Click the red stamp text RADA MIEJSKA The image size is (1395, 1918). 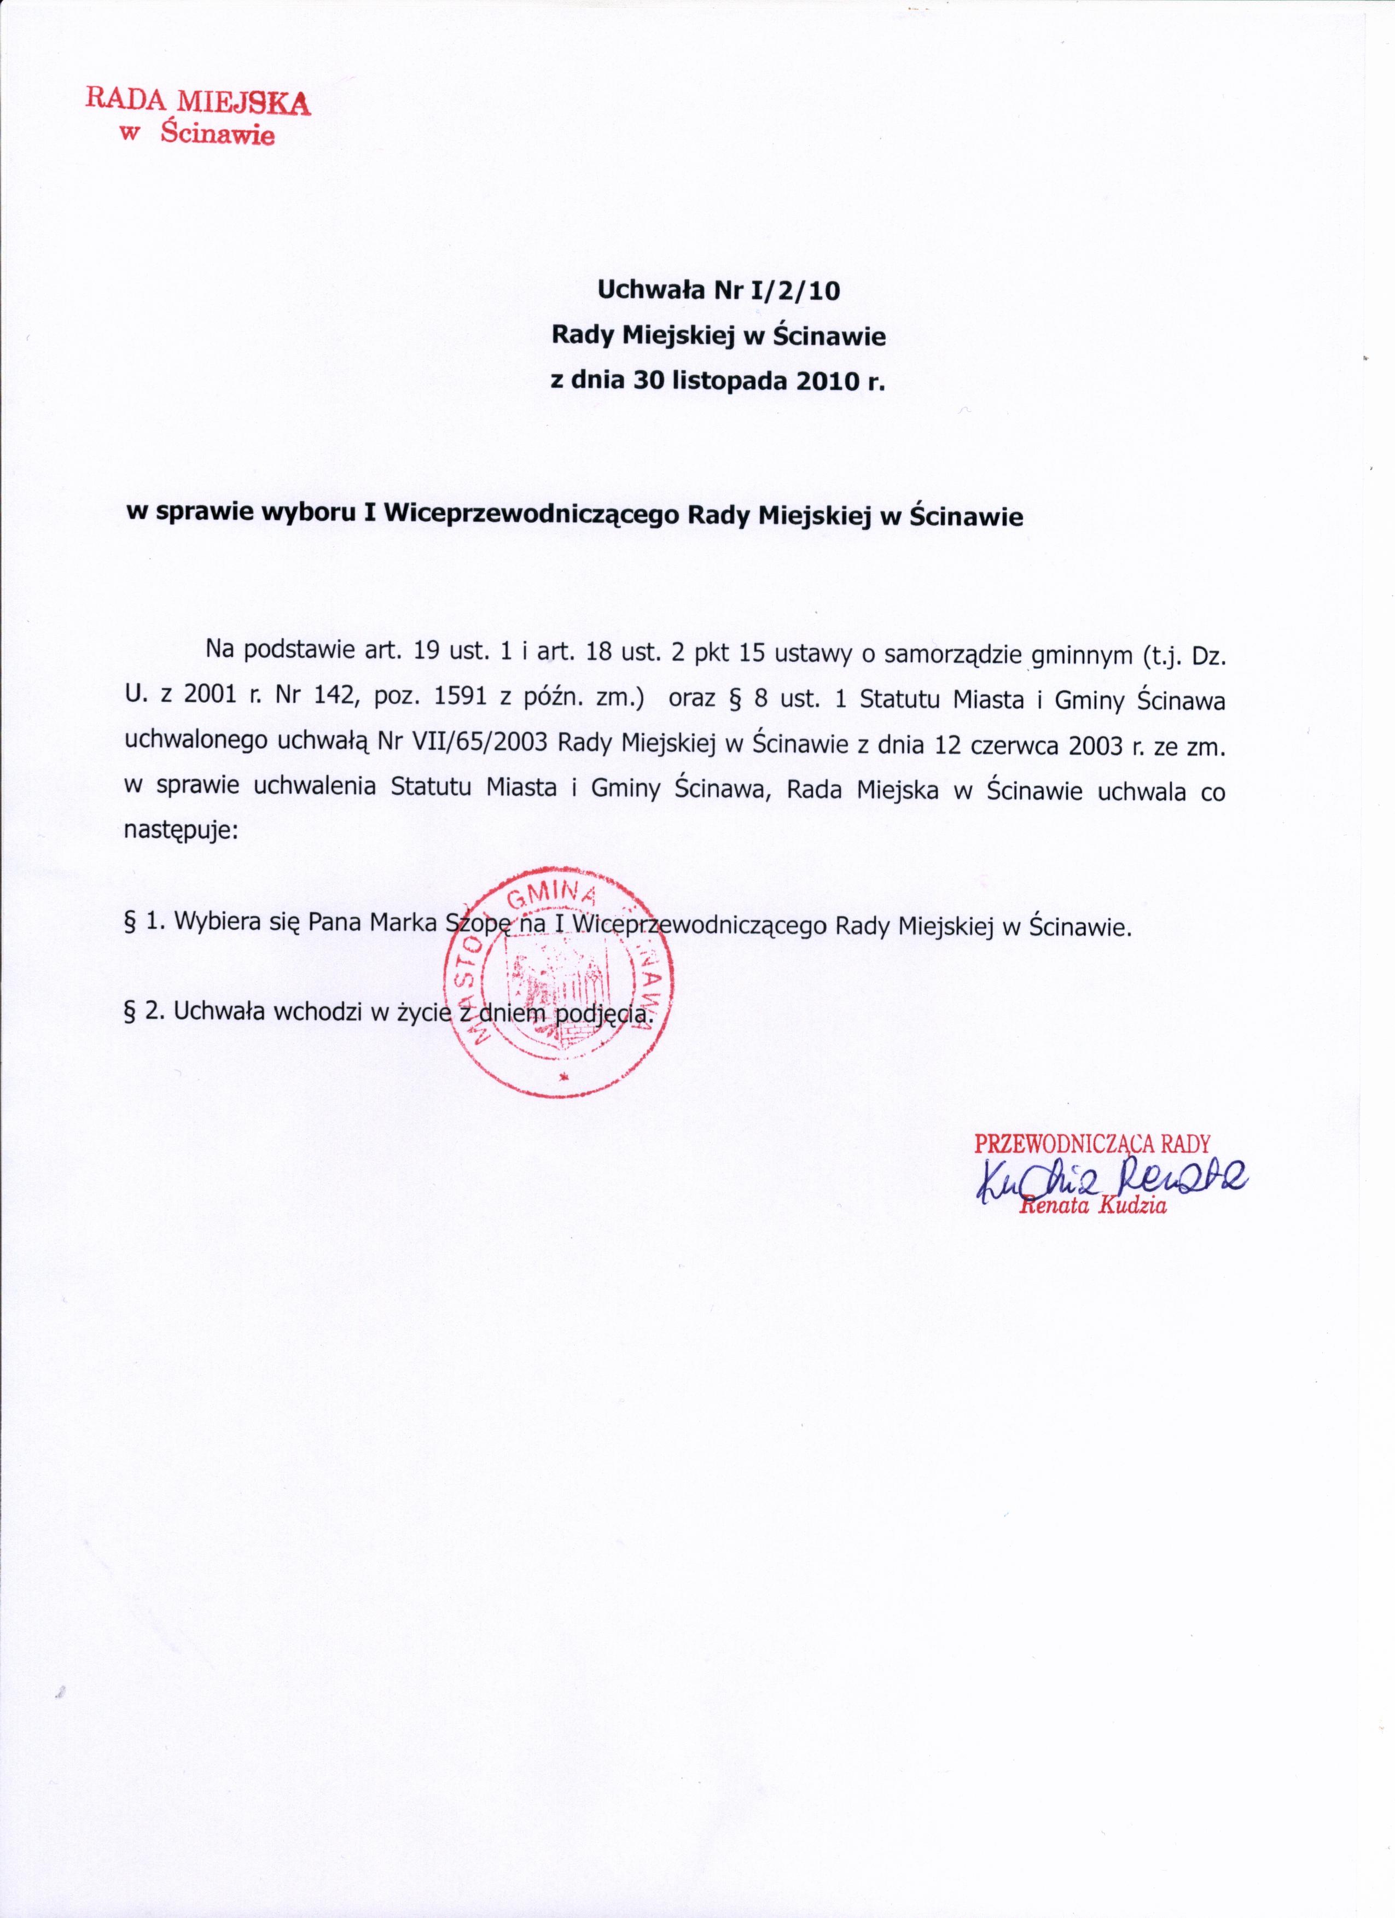point(198,102)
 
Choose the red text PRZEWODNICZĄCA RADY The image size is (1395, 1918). point(1092,1144)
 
